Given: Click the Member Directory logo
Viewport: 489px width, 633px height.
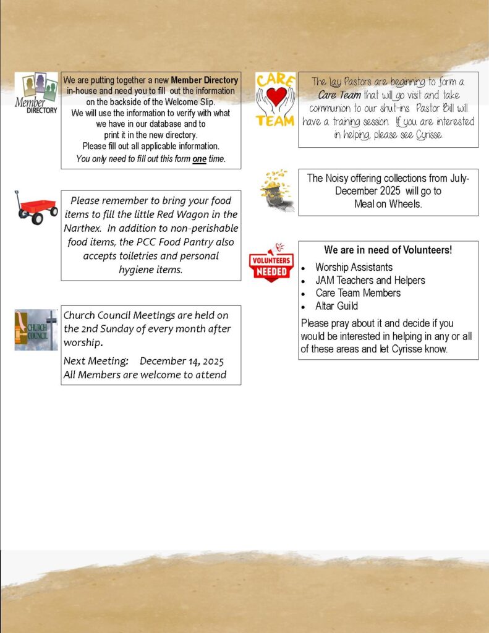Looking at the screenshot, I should click(36, 93).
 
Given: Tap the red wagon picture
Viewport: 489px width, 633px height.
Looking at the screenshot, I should click(36, 208).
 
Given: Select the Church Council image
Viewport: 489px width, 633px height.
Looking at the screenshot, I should click(36, 330).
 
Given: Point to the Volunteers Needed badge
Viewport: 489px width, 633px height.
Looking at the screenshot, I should click(271, 262).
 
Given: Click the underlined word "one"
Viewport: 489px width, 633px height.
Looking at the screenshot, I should click(199, 159).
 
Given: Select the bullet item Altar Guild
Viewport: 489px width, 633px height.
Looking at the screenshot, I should click(336, 306).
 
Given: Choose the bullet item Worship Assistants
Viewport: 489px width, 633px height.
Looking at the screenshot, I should click(354, 267).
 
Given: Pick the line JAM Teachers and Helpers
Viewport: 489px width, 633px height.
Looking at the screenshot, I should click(370, 280).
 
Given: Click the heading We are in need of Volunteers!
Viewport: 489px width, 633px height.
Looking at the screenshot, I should click(388, 250).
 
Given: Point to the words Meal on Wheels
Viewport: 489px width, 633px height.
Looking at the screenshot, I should click(388, 204).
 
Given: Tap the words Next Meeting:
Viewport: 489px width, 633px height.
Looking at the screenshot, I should click(96, 361).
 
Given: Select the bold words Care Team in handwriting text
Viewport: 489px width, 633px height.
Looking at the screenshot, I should click(339, 95).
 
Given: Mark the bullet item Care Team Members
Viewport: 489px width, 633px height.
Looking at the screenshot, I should click(358, 293).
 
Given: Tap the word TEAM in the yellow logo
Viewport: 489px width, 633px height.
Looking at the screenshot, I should click(275, 121).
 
